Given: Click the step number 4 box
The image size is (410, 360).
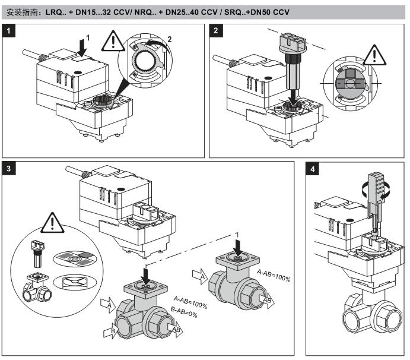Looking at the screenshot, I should pos(314,169).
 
